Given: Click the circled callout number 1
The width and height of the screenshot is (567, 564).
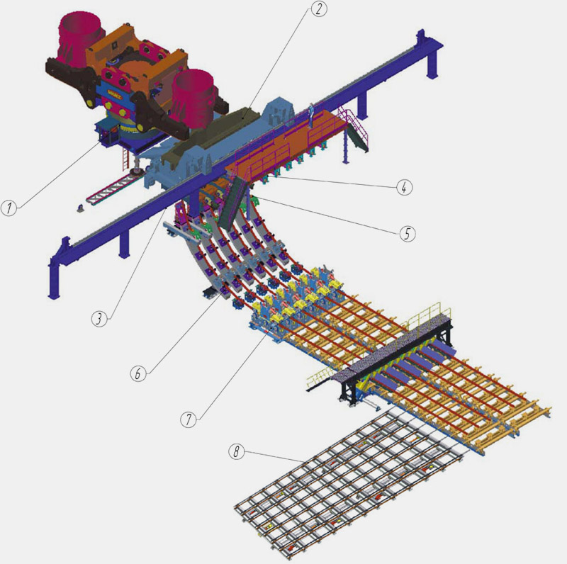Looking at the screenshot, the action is pos(9,208).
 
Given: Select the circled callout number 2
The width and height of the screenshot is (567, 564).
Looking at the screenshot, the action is pos(318,9).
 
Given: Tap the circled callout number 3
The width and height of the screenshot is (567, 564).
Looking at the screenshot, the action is pos(99,319).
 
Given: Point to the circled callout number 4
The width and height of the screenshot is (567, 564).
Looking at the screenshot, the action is pos(404,187).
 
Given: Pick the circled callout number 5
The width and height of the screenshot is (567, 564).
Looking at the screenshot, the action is pos(407,234).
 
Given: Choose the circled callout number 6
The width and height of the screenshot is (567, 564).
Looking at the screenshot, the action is pos(138,373).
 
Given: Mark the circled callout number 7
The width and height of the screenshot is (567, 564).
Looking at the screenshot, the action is pos(189,419).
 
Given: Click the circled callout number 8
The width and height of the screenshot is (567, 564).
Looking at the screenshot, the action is pos(237,451).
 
